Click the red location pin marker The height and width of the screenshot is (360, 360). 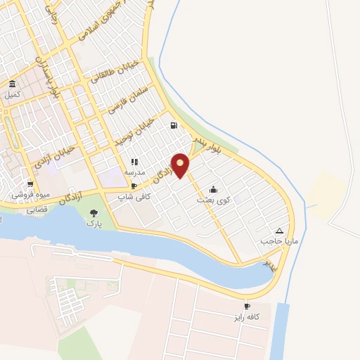[181, 165]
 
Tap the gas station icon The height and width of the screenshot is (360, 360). [173, 126]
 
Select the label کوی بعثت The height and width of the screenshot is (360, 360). [213, 200]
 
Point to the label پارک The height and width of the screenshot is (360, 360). [94, 224]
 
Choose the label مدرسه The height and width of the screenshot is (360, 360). [134, 172]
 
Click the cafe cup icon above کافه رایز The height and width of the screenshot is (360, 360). [246, 306]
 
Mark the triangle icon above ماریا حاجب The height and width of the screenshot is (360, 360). [280, 231]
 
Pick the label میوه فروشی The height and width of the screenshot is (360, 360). [27, 195]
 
